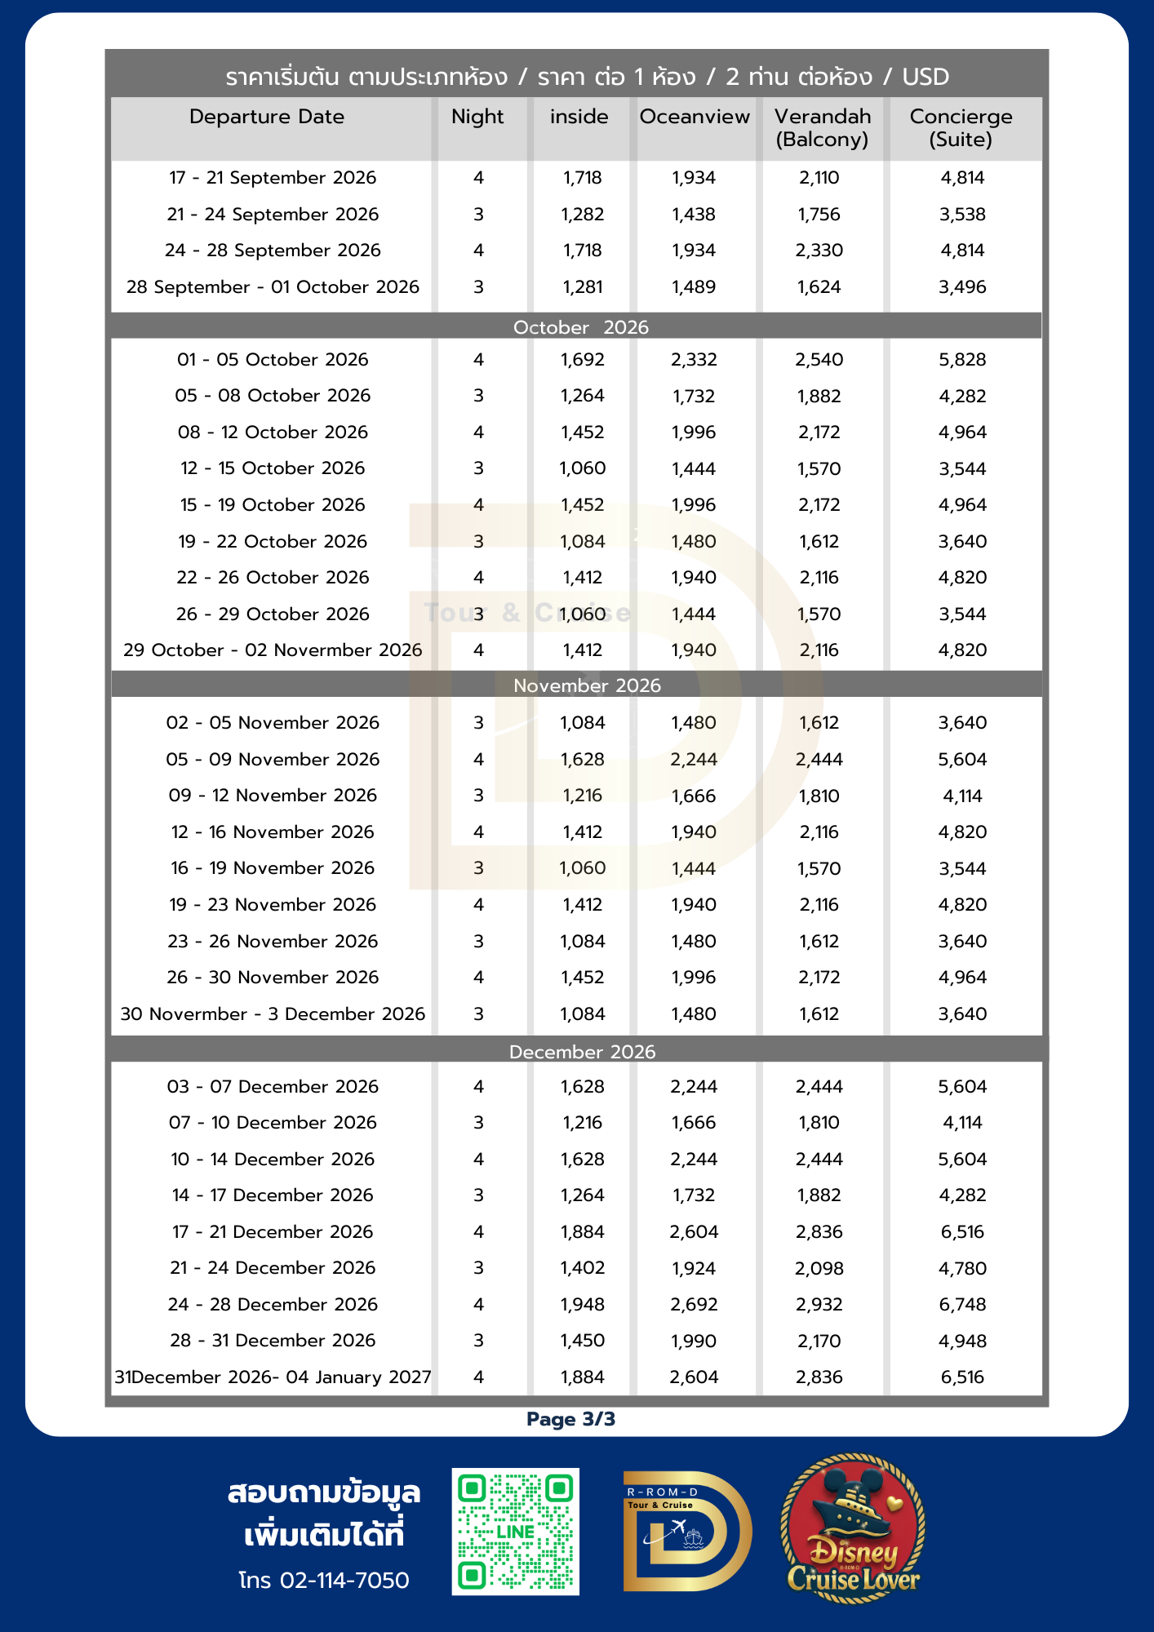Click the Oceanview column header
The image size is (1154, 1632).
coord(694,117)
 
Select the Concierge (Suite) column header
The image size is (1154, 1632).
coord(961,128)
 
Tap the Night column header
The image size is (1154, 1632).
coord(477,117)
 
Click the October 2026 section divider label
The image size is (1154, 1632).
coord(580,327)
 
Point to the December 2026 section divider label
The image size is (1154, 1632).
coord(582,1052)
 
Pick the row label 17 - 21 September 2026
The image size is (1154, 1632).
coord(273,178)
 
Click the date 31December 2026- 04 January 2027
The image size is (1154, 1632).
coord(273,1377)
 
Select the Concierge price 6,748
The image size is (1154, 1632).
coord(962,1305)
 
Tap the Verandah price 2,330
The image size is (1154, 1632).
coord(819,251)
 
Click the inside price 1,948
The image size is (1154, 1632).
coord(582,1305)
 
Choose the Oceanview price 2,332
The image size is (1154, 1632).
coord(694,360)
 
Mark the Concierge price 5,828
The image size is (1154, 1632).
coord(962,360)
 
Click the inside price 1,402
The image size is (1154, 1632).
coord(582,1268)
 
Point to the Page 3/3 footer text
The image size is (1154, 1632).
coord(570,1420)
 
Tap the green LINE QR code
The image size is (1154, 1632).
coord(516,1532)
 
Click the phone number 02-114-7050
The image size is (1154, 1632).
coord(344,1581)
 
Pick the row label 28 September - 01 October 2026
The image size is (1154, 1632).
coord(273,287)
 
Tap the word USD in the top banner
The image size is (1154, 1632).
coord(925,77)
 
